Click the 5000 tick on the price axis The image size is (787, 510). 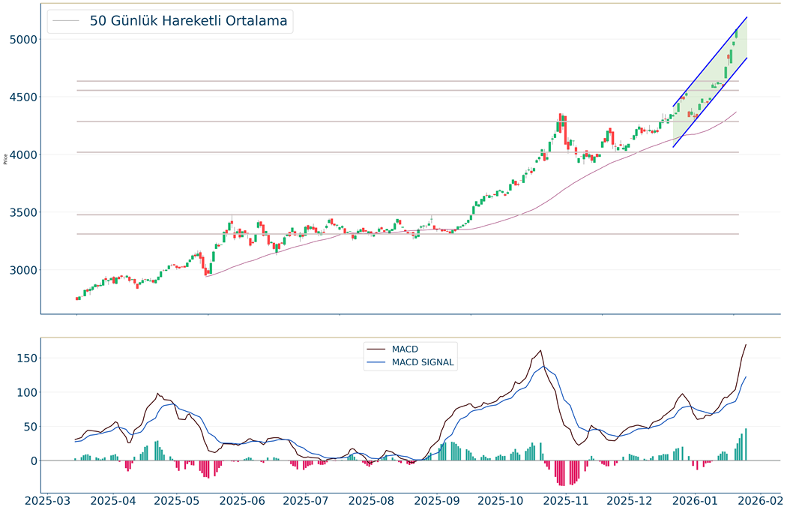click(24, 39)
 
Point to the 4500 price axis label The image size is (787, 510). click(24, 97)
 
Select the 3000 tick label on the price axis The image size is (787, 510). click(24, 270)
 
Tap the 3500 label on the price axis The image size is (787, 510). click(24, 212)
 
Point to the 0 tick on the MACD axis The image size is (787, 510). click(32, 460)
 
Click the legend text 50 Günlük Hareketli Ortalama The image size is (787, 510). click(188, 21)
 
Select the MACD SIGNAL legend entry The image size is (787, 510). click(423, 362)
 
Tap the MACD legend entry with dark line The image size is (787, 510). click(405, 349)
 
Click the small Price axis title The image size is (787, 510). click(6, 158)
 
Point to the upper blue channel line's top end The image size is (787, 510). click(747, 17)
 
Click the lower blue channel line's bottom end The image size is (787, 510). click(673, 147)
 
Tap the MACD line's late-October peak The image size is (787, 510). click(540, 350)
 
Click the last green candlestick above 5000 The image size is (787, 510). click(737, 34)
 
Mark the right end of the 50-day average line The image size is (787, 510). click(736, 112)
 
